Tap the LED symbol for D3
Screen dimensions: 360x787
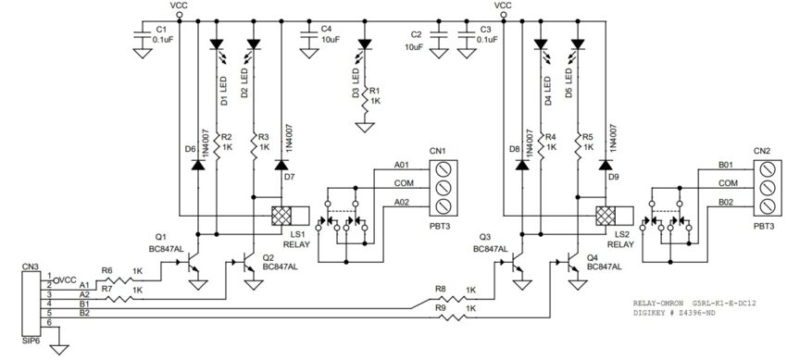coord(365,43)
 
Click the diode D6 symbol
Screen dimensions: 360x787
coord(197,166)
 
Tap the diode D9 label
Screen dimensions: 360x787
coord(612,175)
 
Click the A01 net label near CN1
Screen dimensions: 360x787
coord(401,164)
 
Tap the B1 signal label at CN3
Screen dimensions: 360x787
coord(86,303)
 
